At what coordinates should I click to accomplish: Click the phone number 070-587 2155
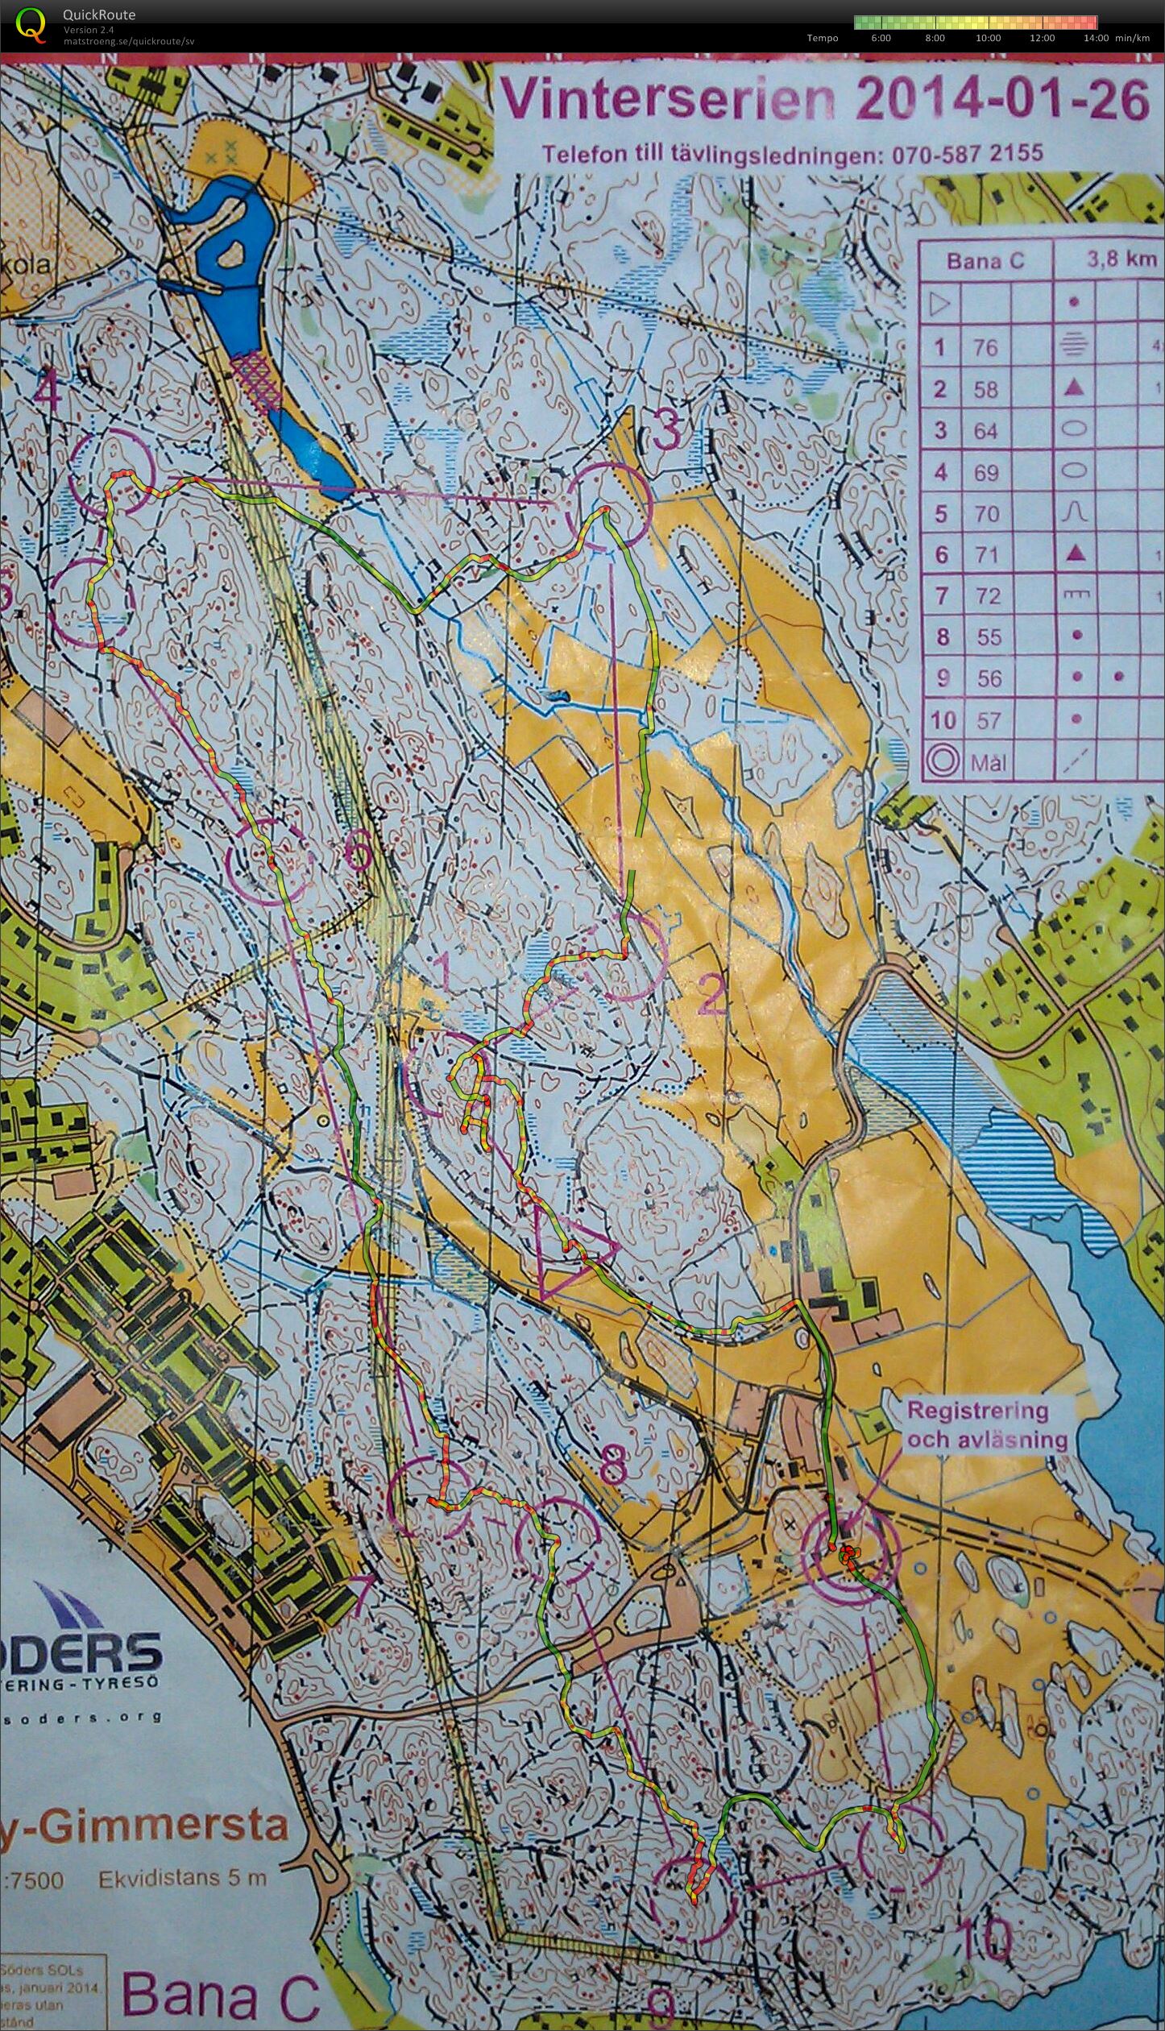coord(967,154)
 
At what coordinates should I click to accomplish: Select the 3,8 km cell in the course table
coord(1121,260)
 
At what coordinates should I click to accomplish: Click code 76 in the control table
coord(985,348)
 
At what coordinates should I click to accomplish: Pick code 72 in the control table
coord(988,596)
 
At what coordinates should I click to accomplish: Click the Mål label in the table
coord(988,761)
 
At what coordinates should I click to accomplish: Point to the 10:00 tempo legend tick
coord(988,38)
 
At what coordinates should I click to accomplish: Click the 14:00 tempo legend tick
coord(1097,38)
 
